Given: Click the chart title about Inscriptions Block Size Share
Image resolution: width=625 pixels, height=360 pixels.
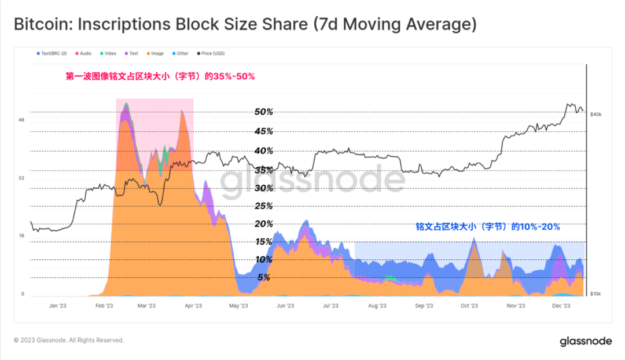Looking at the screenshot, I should click(x=245, y=25).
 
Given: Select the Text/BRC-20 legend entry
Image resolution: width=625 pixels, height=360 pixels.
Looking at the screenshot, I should click(x=54, y=53).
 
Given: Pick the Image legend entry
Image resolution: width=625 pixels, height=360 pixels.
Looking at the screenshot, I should click(x=157, y=53).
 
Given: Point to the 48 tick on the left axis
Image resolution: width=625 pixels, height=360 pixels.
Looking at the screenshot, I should click(x=21, y=120).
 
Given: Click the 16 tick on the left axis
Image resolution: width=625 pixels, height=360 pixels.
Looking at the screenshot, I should click(x=21, y=236).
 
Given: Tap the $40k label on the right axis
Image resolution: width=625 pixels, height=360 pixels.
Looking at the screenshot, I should click(x=596, y=115).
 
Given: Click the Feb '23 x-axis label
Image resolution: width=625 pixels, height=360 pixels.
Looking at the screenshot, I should click(x=103, y=306).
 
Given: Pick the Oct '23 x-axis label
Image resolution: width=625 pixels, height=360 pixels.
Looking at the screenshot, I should click(x=469, y=306).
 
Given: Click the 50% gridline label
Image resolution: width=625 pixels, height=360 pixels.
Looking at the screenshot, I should click(x=263, y=112).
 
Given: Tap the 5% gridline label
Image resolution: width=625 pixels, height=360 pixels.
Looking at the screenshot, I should click(x=263, y=277).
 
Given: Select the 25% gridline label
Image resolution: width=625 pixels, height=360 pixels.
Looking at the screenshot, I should click(x=263, y=206).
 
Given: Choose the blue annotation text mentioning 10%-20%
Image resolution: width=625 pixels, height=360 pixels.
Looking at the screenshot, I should click(x=487, y=227).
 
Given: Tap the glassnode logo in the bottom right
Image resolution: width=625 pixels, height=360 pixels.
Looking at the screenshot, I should click(x=585, y=341).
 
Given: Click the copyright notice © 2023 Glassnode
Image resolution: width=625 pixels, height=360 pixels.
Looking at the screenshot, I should click(x=69, y=340).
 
